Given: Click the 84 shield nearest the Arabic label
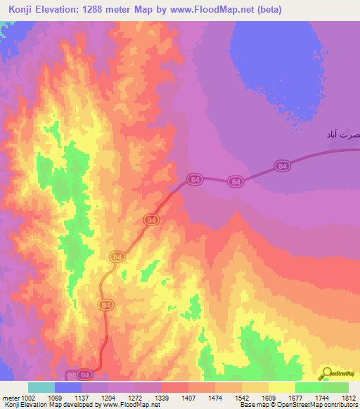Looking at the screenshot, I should (x=283, y=166).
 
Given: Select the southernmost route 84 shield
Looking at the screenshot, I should (x=85, y=375).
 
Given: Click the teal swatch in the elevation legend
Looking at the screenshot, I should (x=41, y=387).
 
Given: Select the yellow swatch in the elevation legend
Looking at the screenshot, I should (x=281, y=387).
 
